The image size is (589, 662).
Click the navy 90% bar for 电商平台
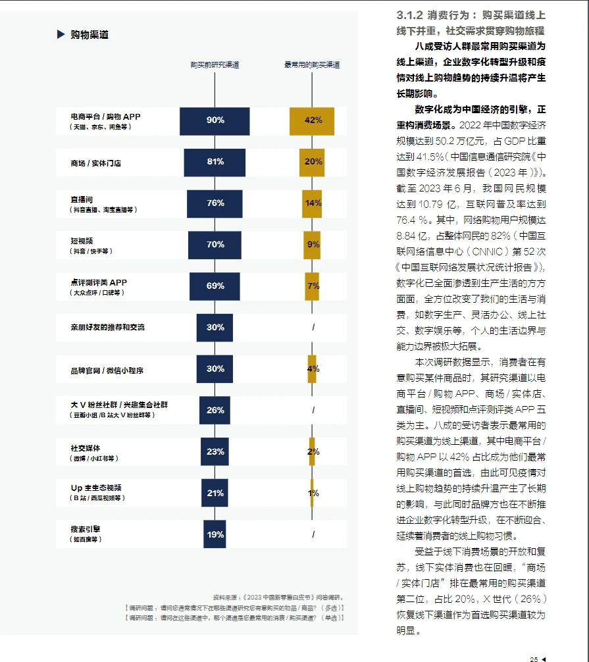coord(215,120)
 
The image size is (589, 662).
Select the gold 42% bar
coord(313,120)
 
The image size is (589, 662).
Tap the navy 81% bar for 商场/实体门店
coord(215,162)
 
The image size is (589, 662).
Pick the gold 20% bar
coord(313,162)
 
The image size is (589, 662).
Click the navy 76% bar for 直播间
coord(215,203)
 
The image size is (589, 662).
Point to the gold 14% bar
coord(313,203)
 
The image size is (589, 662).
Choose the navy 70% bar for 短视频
coord(215,245)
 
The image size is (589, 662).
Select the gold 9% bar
coord(313,245)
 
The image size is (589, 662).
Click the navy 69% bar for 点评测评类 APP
coord(215,286)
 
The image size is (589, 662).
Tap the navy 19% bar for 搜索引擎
coord(215,534)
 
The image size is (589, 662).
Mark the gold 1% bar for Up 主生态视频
coord(312,493)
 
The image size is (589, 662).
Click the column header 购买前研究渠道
coord(215,64)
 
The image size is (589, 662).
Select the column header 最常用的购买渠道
coord(312,64)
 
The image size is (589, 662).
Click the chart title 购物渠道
coord(90,35)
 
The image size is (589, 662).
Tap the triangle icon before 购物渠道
coord(61,35)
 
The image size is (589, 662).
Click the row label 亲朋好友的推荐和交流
coord(107,327)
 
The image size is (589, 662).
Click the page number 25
coord(534,656)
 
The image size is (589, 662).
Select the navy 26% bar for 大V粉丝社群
coord(215,410)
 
